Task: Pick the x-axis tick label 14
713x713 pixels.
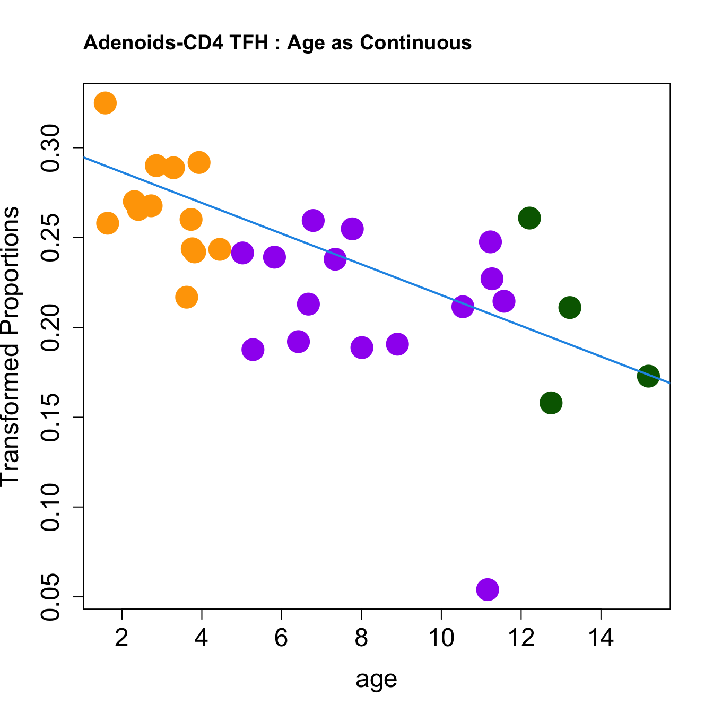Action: (601, 638)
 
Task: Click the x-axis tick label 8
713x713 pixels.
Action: (361, 638)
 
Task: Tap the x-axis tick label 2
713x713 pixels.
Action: (122, 638)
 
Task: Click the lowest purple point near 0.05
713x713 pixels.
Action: (488, 589)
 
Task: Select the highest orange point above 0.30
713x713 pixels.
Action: (105, 103)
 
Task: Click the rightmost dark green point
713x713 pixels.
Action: (648, 376)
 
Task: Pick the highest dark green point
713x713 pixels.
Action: (529, 218)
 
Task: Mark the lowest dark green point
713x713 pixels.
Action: (551, 403)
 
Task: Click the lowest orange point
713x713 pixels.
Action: (186, 297)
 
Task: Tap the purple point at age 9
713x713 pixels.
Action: (397, 344)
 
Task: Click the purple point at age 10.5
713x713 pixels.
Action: (463, 307)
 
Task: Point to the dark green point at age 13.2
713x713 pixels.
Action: (570, 308)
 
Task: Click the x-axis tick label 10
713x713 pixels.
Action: (441, 638)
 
